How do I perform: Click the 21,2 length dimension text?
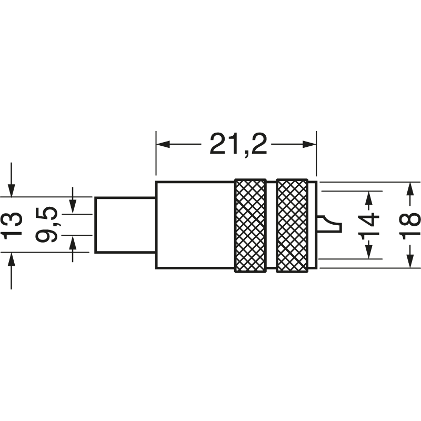pyautogui.click(x=238, y=144)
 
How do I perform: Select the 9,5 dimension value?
pyautogui.click(x=49, y=225)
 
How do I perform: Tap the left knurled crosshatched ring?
pyautogui.click(x=250, y=226)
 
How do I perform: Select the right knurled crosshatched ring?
pyautogui.click(x=292, y=226)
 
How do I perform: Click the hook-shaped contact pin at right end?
pyautogui.click(x=332, y=224)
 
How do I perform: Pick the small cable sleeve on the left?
pyautogui.click(x=125, y=225)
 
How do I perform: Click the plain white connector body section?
pyautogui.click(x=195, y=225)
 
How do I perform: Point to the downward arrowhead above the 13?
pyautogui.click(x=12, y=191)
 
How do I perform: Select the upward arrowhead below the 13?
pyautogui.click(x=12, y=259)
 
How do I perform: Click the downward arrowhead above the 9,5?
pyautogui.click(x=73, y=207)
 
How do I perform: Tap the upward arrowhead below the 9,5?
pyautogui.click(x=73, y=243)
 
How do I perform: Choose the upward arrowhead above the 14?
pyautogui.click(x=370, y=197)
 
